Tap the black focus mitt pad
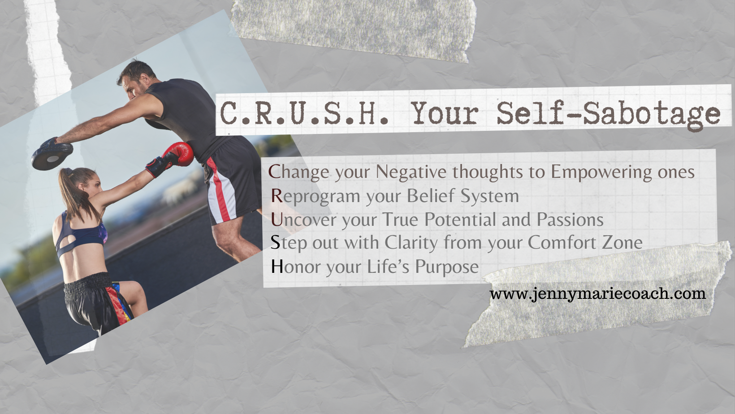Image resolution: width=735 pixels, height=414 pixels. click(52, 154)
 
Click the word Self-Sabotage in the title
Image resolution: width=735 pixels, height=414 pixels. click(608, 114)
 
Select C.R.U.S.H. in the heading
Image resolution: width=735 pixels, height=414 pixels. click(304, 113)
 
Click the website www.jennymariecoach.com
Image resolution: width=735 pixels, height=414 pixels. click(597, 293)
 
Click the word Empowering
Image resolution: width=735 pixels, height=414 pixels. click(601, 172)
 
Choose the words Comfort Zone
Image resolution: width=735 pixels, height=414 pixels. click(585, 243)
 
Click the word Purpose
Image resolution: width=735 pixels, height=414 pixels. click(447, 267)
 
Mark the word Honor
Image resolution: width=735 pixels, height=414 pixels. click(296, 267)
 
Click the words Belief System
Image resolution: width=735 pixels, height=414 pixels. click(463, 197)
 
